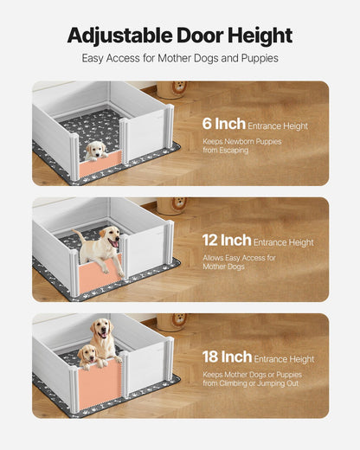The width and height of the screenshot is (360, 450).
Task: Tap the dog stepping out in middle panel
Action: pyautogui.click(x=100, y=250)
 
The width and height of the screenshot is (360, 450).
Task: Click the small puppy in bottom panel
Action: pyautogui.click(x=87, y=356)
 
